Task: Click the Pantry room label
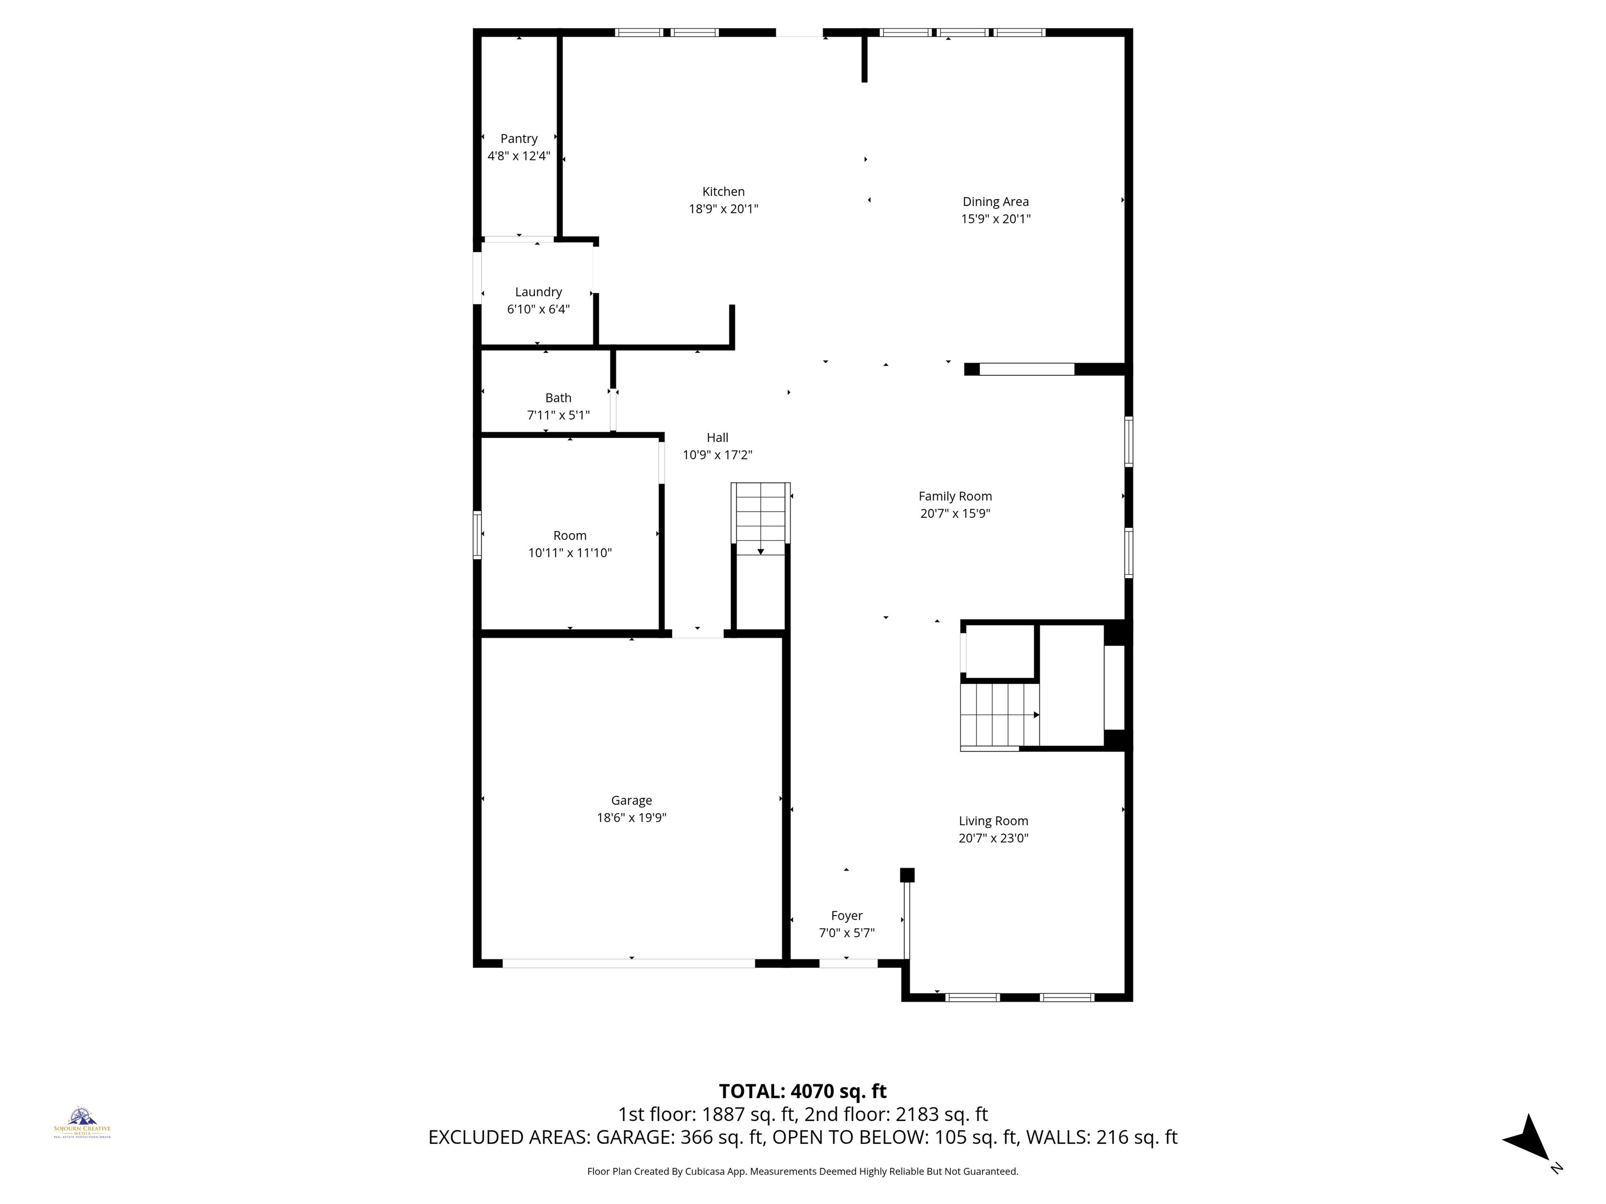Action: (519, 138)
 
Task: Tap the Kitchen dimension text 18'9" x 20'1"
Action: (723, 209)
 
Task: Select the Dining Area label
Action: (995, 202)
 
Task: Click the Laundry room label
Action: (538, 292)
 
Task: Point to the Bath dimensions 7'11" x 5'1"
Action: (558, 415)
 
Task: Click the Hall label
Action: (717, 437)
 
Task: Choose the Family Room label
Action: (955, 496)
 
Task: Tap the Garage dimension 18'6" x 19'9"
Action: (631, 817)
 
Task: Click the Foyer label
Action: (846, 916)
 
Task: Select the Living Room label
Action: (993, 821)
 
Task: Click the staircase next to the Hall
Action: (760, 518)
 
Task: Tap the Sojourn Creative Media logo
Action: (82, 1122)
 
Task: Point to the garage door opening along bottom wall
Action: (629, 963)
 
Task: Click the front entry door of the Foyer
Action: (848, 963)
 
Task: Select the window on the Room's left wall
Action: (477, 535)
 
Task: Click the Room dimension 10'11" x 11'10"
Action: (569, 553)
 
